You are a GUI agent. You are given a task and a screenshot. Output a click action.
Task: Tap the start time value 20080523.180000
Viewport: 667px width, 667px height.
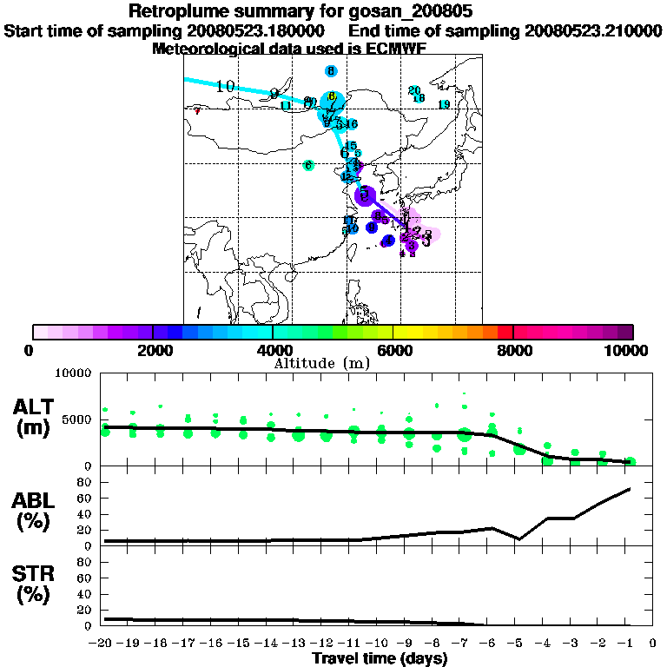tap(256, 30)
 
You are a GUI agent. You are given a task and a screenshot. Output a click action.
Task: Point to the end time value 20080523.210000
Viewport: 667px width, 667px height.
tap(592, 30)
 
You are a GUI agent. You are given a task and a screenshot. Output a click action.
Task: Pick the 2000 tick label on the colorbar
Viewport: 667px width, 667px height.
tap(153, 350)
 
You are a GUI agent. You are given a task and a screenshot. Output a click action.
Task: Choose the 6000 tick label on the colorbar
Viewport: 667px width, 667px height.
tap(393, 350)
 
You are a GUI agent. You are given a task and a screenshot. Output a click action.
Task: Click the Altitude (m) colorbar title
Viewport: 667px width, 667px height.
tap(333, 362)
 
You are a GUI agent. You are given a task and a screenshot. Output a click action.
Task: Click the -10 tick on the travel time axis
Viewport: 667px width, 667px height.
tap(380, 643)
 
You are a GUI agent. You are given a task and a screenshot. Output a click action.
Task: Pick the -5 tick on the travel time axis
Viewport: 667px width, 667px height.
tap(518, 643)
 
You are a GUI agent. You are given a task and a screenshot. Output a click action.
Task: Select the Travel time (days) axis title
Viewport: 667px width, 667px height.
tap(380, 658)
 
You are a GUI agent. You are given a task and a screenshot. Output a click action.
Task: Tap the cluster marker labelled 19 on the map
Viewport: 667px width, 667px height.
tap(444, 105)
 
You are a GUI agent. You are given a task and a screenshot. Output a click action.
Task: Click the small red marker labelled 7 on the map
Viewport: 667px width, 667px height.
tap(198, 110)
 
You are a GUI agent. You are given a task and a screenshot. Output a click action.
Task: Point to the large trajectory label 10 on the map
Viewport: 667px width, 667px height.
tap(226, 86)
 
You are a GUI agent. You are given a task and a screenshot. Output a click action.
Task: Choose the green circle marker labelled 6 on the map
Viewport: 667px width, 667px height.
tap(308, 165)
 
